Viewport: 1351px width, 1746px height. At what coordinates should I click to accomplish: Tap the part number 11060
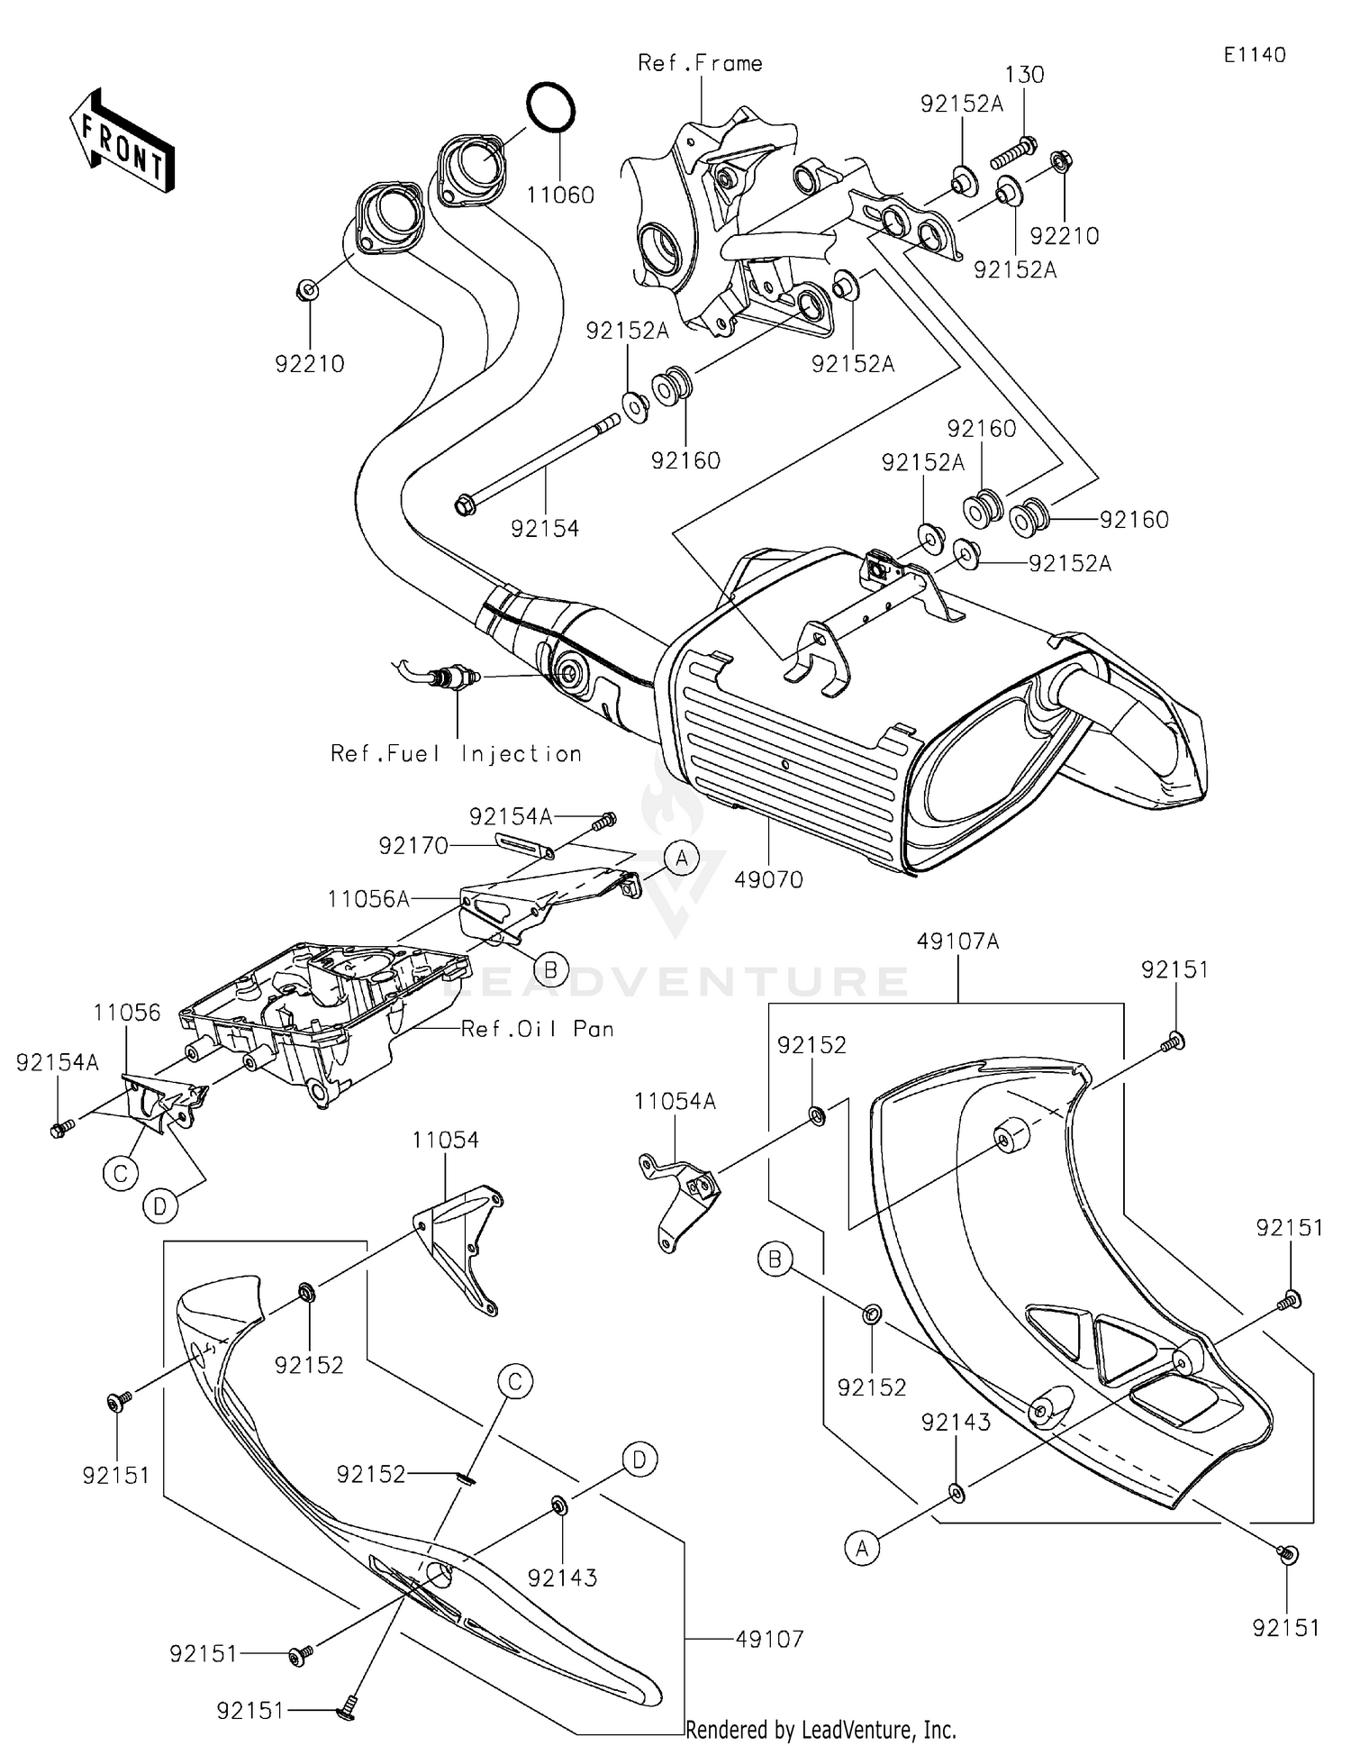click(x=560, y=195)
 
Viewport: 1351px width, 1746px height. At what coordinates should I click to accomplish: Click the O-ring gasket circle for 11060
click(x=550, y=107)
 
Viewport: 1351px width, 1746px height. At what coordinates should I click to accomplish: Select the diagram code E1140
click(x=1254, y=55)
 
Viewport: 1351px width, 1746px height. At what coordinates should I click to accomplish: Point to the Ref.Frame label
click(x=700, y=63)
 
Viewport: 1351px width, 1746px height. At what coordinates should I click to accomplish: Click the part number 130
click(x=1024, y=75)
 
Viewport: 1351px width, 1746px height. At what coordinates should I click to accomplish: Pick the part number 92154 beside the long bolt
click(x=545, y=529)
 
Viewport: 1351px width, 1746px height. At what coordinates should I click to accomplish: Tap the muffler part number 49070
click(x=768, y=879)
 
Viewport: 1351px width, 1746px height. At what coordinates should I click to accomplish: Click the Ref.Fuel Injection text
click(x=456, y=753)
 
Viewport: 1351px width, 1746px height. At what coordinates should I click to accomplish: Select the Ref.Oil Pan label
click(x=537, y=1029)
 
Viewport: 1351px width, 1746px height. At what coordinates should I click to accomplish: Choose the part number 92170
click(x=413, y=846)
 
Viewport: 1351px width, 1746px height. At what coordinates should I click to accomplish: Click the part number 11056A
click(x=368, y=898)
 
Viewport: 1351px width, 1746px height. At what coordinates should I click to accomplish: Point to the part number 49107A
click(x=958, y=941)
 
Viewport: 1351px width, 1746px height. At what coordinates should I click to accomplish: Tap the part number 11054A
click(x=675, y=1101)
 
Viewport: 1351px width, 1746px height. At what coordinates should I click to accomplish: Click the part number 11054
click(x=446, y=1140)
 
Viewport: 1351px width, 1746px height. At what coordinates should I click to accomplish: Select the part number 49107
click(x=769, y=1639)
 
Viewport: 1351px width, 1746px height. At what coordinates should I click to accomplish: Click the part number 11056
click(x=126, y=1013)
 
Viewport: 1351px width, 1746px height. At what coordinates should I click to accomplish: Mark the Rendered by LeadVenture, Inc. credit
click(x=821, y=1730)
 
